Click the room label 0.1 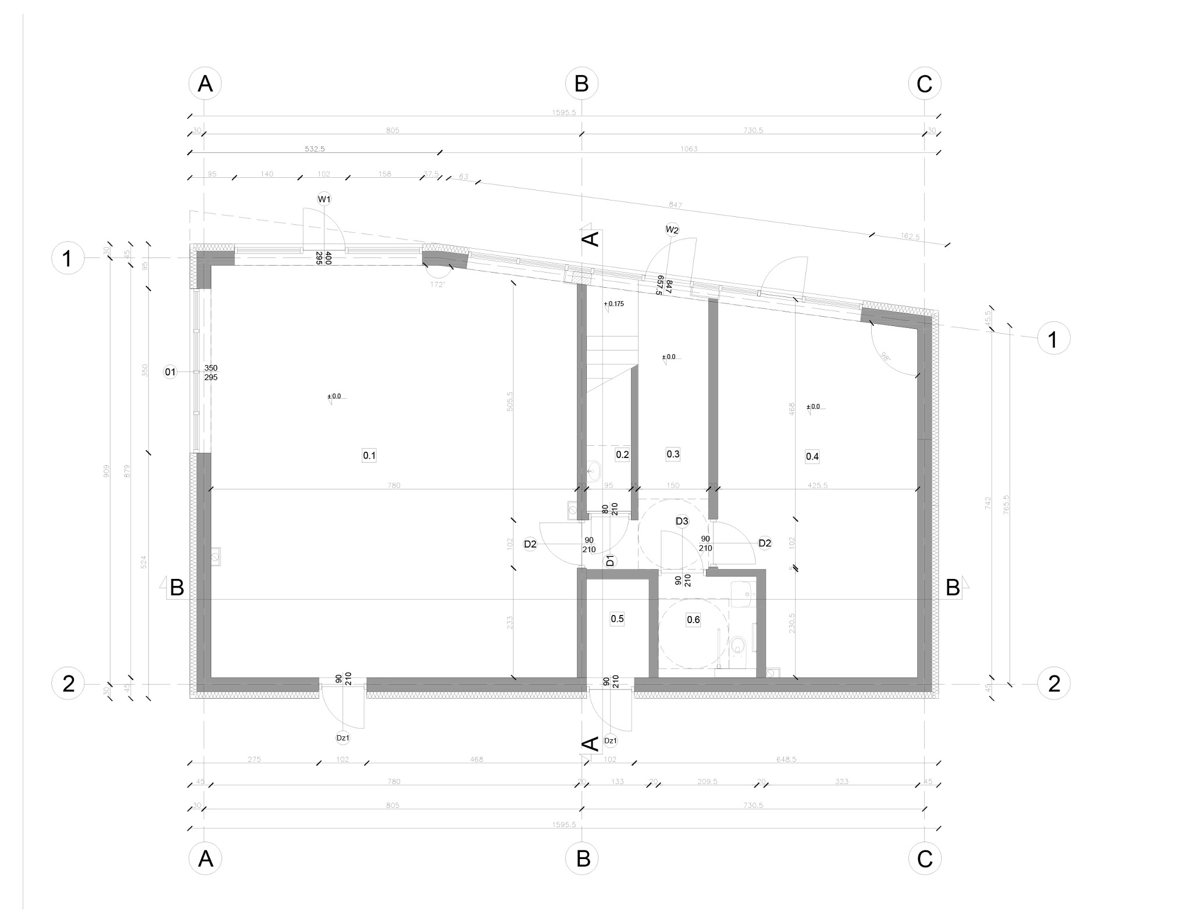369,455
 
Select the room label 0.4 812,456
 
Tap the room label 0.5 617,618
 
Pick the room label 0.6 693,620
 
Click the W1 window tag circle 324,199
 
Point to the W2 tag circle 672,230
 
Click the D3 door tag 682,521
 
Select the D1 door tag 610,561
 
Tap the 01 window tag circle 170,372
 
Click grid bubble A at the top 205,84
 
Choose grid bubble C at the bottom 925,858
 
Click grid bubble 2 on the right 1054,684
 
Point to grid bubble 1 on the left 68,258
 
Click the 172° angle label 437,284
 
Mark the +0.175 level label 614,303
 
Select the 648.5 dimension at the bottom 786,759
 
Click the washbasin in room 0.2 594,470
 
